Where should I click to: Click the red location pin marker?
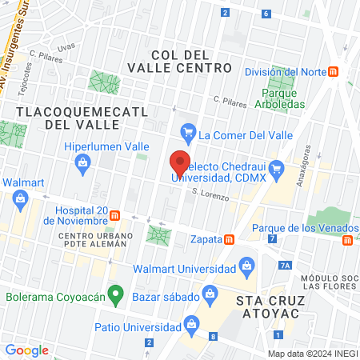tap(180, 163)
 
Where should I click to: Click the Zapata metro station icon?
tap(229, 238)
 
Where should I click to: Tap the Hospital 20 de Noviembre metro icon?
tap(115, 216)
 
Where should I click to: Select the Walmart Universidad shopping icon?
tap(247, 265)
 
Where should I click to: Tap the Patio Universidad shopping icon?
tap(191, 324)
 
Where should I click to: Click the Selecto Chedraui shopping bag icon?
tap(277, 168)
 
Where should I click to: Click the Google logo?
tap(26, 350)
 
